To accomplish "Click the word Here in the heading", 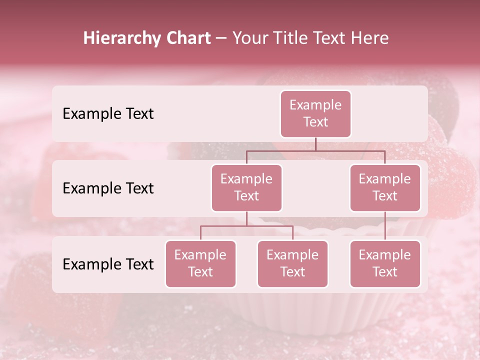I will coord(370,38).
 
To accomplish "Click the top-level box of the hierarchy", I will coord(315,113).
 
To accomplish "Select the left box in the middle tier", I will coord(246,187).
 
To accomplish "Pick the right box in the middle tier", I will coord(385,187).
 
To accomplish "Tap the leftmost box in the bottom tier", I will coord(200,263).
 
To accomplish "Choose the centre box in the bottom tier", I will coord(292,263).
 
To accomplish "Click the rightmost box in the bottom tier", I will coord(385,263).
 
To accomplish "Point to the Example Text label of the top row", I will coord(108,114).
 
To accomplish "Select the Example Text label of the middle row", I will coord(108,188).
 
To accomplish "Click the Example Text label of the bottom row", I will coord(108,264).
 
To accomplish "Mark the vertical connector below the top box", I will coord(315,144).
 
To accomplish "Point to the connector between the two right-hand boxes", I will coord(385,226).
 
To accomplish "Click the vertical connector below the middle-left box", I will coord(246,219).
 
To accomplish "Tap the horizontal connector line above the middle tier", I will coord(315,150).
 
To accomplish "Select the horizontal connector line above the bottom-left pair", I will coord(246,226).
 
